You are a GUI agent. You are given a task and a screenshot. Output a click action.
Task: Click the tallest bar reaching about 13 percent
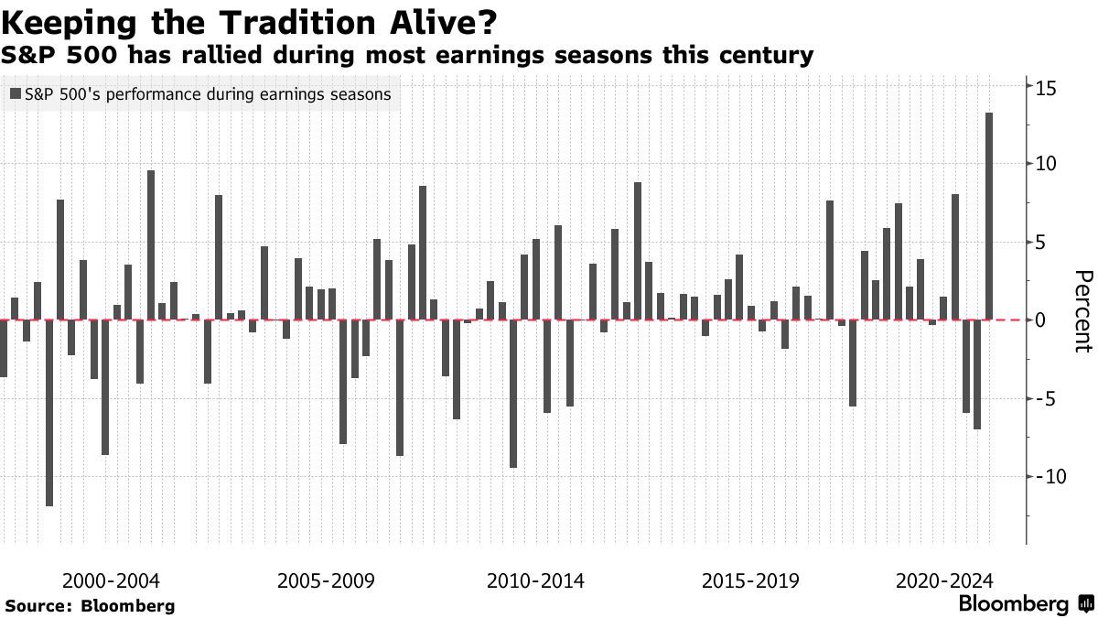coord(989,216)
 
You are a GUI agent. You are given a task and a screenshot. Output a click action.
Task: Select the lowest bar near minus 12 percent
coord(48,413)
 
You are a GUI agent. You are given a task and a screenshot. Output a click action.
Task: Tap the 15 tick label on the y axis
coord(1047,89)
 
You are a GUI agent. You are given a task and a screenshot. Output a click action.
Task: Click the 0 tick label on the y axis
coord(1040,320)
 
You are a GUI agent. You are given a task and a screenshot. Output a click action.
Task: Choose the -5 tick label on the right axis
coord(1044,399)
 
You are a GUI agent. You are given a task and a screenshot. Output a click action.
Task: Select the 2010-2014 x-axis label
coord(536,581)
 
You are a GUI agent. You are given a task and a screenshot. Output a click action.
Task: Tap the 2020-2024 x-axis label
coord(944,581)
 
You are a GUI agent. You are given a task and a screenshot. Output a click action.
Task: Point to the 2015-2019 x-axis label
coord(750,581)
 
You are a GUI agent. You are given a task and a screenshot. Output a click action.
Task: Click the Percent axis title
coord(1083,311)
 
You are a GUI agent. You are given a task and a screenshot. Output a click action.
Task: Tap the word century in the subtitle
coord(768,56)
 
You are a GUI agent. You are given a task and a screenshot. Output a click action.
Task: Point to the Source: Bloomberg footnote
coord(90,606)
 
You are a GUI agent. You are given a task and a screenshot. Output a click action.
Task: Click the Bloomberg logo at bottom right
coord(1025,604)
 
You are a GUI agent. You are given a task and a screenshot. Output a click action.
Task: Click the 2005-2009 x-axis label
coord(326,581)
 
